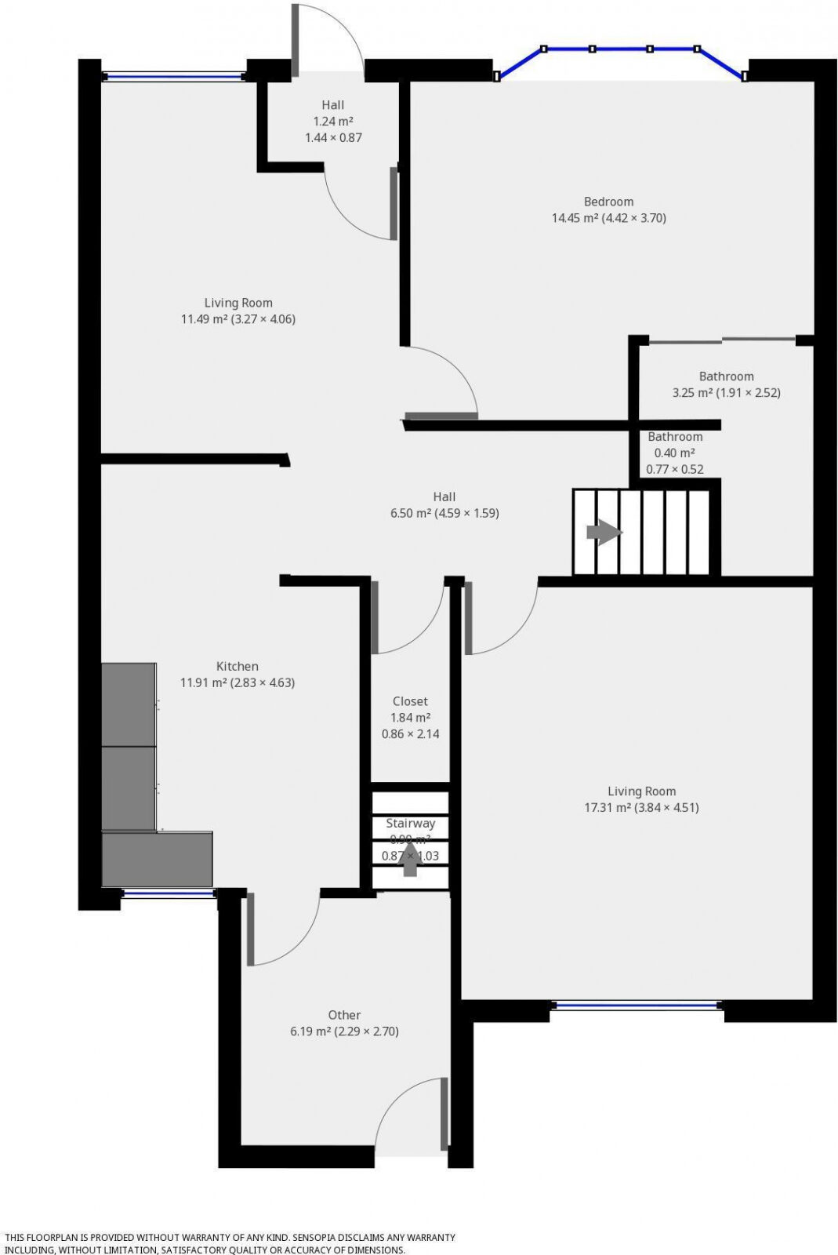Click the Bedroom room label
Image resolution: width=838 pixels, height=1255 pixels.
pyautogui.click(x=608, y=202)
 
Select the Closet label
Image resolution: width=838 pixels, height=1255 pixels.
pyautogui.click(x=410, y=701)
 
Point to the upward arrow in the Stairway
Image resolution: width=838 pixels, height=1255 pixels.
pyautogui.click(x=409, y=862)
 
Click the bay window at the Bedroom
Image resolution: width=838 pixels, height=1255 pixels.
pyautogui.click(x=621, y=50)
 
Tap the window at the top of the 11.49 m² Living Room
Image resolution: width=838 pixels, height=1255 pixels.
pyautogui.click(x=174, y=77)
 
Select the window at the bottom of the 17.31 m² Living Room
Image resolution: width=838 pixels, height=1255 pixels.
pyautogui.click(x=637, y=1005)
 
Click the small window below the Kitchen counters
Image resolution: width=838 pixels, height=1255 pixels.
pyautogui.click(x=169, y=893)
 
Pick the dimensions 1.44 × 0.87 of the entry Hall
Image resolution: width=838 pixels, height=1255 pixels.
pyautogui.click(x=333, y=138)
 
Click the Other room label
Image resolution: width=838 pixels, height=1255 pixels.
pyautogui.click(x=344, y=1015)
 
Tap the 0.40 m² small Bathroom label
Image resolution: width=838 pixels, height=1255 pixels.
pyautogui.click(x=674, y=453)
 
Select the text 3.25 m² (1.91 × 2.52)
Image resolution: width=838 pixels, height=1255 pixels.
pyautogui.click(x=726, y=393)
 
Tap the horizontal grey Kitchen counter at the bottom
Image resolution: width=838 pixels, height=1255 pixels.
pyautogui.click(x=157, y=859)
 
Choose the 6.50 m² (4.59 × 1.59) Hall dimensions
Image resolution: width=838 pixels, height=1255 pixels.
pyautogui.click(x=444, y=514)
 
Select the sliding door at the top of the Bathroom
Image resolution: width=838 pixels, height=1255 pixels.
pyautogui.click(x=721, y=340)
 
